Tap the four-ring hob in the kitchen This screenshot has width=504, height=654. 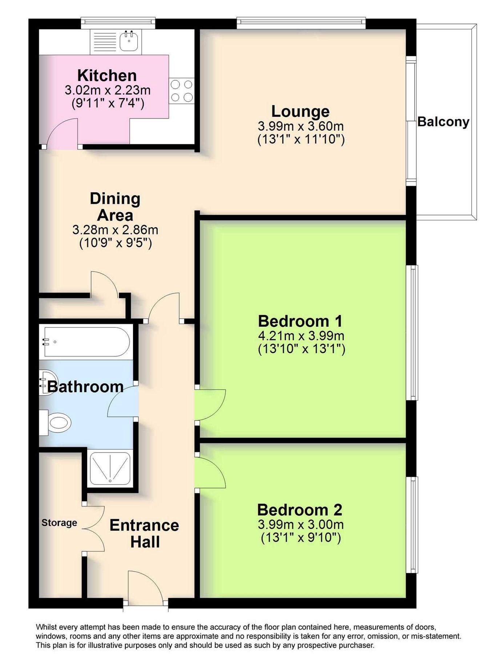point(181,91)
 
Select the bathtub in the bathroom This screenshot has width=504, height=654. point(86,342)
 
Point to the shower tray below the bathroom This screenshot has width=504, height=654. point(110,469)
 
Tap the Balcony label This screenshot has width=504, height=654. point(443,122)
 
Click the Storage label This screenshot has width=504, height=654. point(59,523)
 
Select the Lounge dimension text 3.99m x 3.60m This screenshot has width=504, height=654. point(301,126)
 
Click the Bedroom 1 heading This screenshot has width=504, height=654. point(300,321)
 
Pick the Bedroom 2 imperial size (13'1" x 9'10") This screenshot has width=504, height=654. point(301,537)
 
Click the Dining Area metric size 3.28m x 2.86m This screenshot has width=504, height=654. point(115,230)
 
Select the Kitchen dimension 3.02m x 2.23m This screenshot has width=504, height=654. point(108,90)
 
